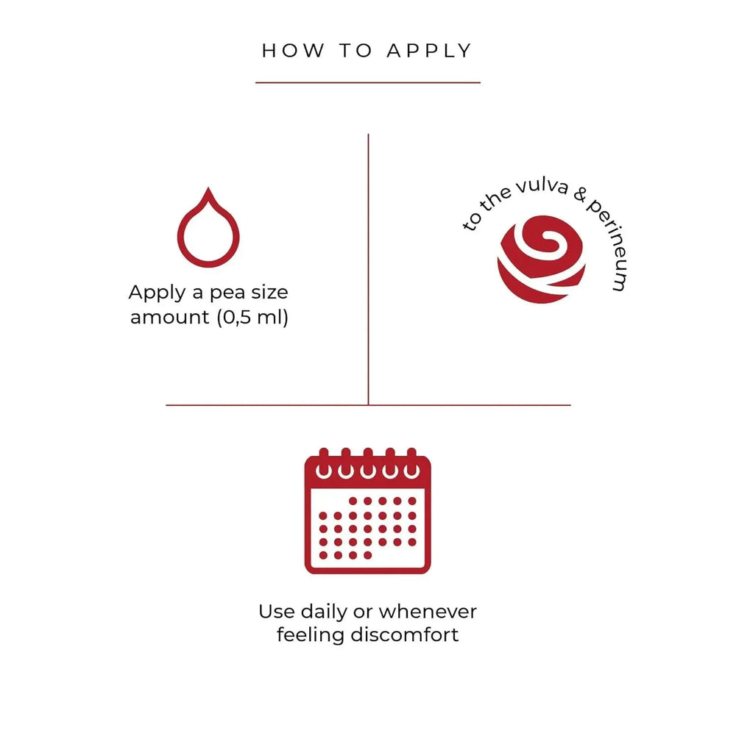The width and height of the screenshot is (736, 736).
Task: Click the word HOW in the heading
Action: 293,51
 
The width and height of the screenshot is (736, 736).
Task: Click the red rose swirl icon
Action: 542,259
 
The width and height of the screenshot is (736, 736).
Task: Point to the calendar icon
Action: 367,511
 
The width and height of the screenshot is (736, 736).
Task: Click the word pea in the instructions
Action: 227,293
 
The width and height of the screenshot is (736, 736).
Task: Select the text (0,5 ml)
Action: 252,317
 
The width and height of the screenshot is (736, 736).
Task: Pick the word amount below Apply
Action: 170,318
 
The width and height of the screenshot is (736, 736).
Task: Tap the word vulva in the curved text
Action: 542,186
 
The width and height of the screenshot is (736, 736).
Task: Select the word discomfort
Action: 405,635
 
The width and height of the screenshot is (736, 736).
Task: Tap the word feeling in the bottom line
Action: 311,636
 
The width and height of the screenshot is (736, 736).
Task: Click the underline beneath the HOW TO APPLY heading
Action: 368,82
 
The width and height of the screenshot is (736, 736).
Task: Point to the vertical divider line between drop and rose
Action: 368,269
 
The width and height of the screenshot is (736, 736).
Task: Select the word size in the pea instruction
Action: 269,293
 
